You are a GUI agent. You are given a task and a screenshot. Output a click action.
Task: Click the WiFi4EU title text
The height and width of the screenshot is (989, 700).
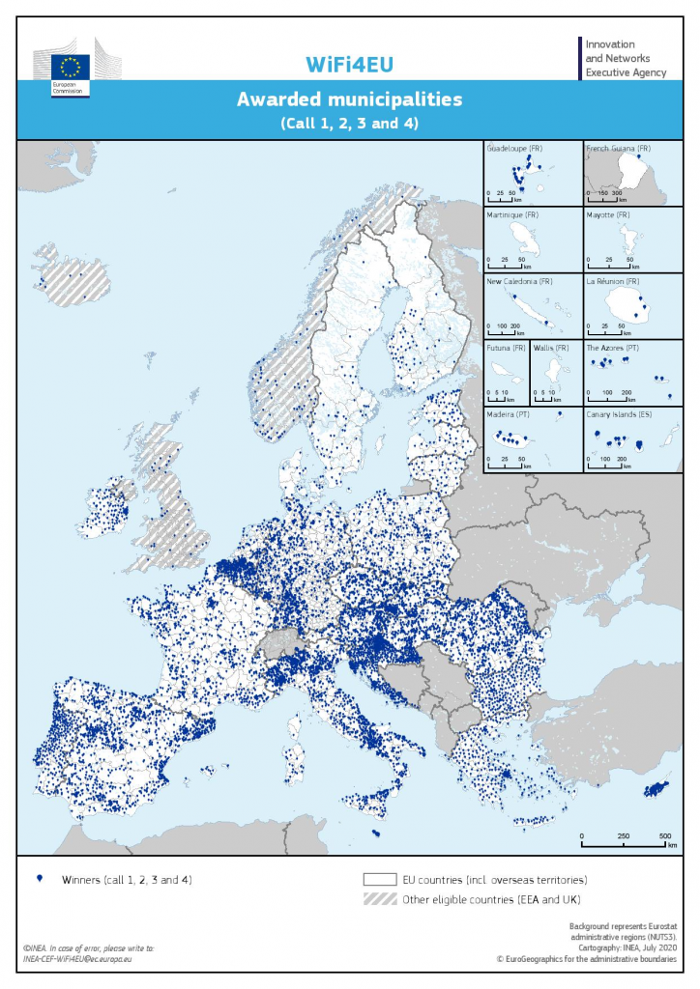click(x=349, y=64)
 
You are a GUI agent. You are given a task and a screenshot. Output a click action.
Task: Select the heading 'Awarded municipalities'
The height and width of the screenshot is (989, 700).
click(x=349, y=99)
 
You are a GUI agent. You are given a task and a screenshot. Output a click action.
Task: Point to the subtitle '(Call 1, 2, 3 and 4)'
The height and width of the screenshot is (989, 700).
click(x=349, y=124)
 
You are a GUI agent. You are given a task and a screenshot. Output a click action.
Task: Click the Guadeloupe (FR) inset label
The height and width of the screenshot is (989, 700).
click(x=515, y=149)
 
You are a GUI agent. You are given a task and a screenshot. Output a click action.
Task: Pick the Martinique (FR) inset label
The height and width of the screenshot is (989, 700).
click(x=515, y=214)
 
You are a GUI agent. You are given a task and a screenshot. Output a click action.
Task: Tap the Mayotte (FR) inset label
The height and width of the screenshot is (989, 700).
click(x=609, y=214)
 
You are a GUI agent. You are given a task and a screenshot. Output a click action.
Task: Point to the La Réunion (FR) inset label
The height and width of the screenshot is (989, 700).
click(x=613, y=281)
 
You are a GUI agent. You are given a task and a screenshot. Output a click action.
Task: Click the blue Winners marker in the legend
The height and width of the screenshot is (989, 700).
click(x=39, y=879)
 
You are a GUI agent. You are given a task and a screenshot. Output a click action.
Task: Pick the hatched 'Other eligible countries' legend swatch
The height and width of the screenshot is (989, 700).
click(x=381, y=899)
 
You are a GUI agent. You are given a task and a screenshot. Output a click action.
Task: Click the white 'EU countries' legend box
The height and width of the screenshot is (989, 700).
click(x=381, y=880)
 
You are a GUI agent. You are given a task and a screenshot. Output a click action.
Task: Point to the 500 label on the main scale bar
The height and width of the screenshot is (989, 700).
click(x=665, y=834)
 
